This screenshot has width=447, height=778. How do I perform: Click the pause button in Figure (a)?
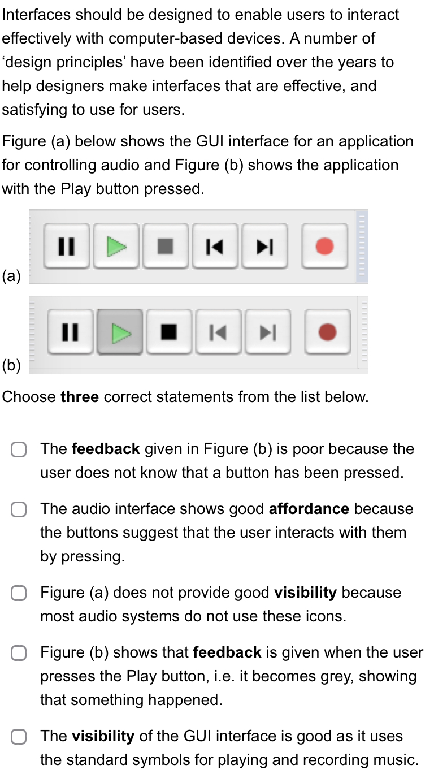pyautogui.click(x=67, y=247)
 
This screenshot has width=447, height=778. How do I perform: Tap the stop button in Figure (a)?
pyautogui.click(x=165, y=247)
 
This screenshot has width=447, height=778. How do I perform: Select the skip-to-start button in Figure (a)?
pyautogui.click(x=214, y=247)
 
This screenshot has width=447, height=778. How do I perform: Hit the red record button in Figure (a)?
pyautogui.click(x=324, y=247)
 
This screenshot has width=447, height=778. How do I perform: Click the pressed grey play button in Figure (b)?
pyautogui.click(x=119, y=332)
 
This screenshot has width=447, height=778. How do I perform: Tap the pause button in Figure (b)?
pyautogui.click(x=70, y=332)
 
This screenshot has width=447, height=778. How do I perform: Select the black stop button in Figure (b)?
pyautogui.click(x=168, y=332)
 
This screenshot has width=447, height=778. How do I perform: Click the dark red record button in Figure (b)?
pyautogui.click(x=327, y=332)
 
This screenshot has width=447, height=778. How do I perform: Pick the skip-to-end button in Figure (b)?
pyautogui.click(x=267, y=332)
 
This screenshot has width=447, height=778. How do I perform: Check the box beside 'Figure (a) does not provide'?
pyautogui.click(x=19, y=593)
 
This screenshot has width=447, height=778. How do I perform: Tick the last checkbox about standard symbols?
pyautogui.click(x=19, y=737)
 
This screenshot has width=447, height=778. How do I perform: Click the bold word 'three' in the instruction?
pyautogui.click(x=80, y=397)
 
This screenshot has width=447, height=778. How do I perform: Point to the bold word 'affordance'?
pyautogui.click(x=309, y=509)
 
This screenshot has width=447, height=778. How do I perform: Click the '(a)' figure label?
pyautogui.click(x=12, y=276)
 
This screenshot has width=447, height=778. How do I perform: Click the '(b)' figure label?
pyautogui.click(x=12, y=365)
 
